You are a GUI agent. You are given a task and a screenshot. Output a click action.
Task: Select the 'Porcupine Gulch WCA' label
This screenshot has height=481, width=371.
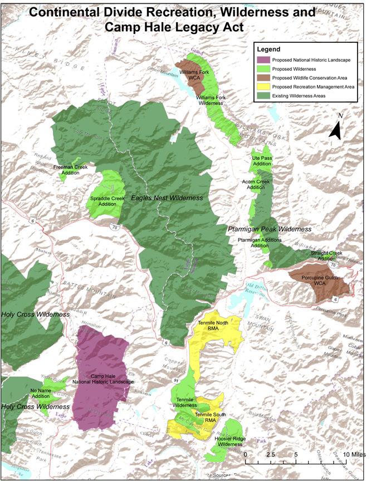[320, 280]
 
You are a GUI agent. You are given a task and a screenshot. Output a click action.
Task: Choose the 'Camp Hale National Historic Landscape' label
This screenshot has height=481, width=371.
[104, 379]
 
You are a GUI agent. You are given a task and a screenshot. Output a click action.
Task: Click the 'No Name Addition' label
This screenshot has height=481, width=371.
[44, 393]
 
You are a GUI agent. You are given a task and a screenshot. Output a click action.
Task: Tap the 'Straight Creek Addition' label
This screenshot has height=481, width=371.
[326, 256]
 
